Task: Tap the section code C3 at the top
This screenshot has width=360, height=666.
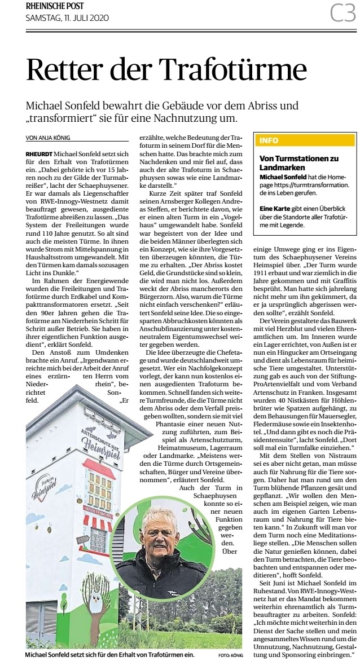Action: coord(343,12)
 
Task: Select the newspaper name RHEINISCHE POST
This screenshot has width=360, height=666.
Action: coord(54,6)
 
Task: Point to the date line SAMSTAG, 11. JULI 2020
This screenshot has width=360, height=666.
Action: coord(67,18)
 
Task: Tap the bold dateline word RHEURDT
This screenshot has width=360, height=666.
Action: coord(38,153)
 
